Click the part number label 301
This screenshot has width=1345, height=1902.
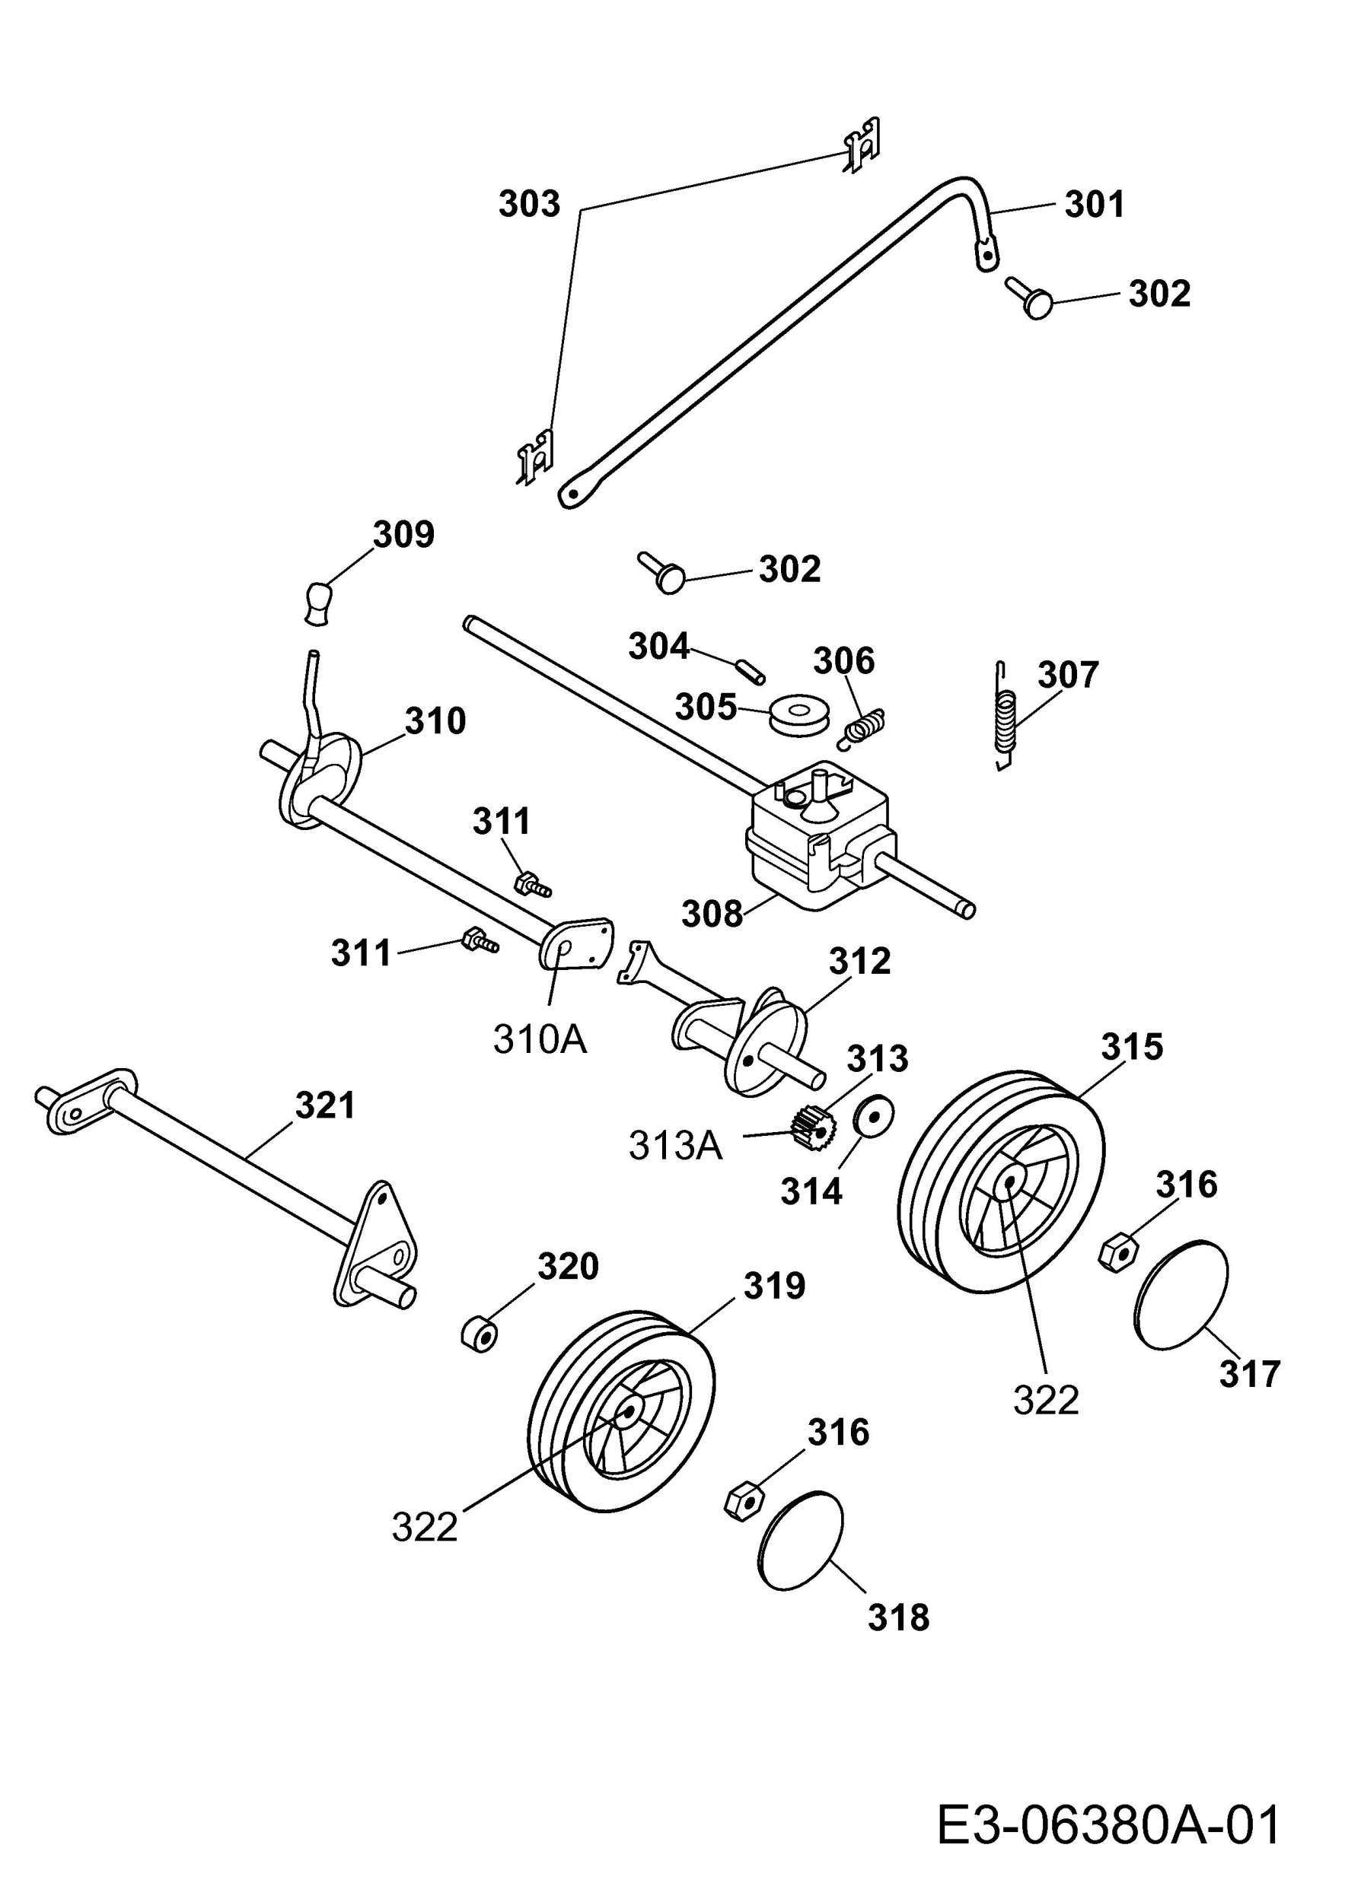[x=1094, y=205]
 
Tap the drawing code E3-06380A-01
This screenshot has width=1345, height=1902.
[x=1109, y=1826]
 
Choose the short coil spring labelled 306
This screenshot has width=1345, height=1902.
[x=865, y=727]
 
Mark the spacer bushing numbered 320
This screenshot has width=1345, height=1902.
[x=479, y=1333]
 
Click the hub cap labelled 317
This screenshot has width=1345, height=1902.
[x=1181, y=1296]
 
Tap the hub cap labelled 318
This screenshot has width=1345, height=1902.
[x=801, y=1541]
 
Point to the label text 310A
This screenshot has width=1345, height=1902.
[x=540, y=1038]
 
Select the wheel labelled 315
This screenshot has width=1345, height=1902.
[x=1001, y=1183]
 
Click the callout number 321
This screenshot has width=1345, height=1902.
[x=325, y=1106]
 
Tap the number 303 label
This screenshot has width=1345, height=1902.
[x=529, y=204]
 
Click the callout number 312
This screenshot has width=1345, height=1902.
[x=859, y=961]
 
